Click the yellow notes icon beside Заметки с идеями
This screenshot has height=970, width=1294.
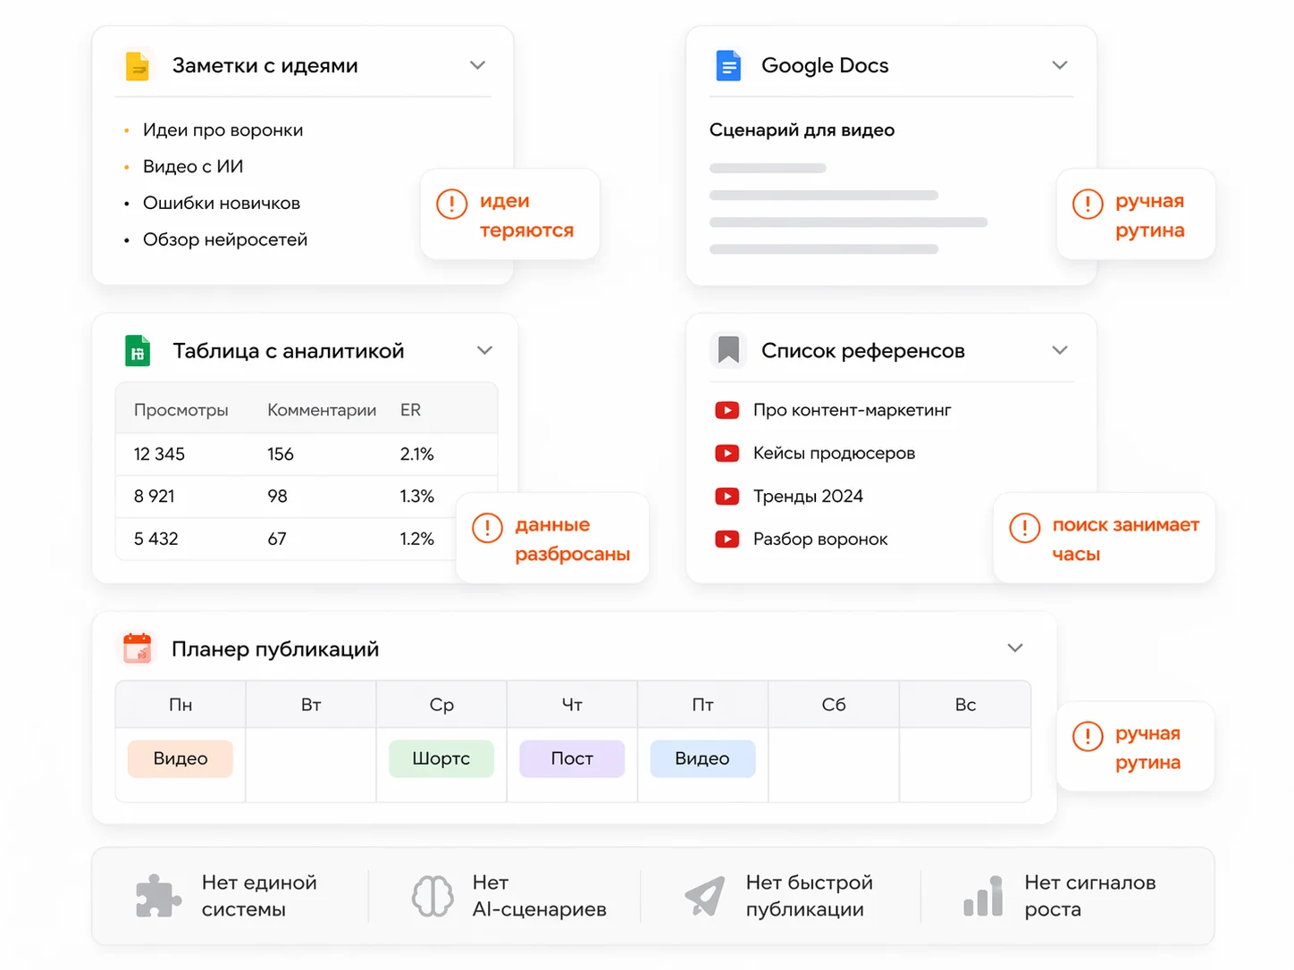click(x=138, y=65)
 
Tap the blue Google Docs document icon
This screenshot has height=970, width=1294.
click(x=728, y=65)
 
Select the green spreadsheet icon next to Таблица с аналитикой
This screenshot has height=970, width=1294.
click(x=138, y=350)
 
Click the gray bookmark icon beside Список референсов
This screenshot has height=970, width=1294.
click(x=728, y=350)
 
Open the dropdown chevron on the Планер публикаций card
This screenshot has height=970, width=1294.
click(x=1014, y=648)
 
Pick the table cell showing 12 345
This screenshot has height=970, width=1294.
click(x=159, y=454)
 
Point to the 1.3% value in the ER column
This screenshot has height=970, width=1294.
click(x=416, y=496)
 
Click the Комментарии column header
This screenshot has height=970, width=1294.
click(x=322, y=410)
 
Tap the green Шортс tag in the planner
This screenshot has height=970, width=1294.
click(x=441, y=758)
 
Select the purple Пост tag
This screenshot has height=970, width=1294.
click(x=572, y=758)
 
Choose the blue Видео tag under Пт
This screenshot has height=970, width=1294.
click(x=702, y=758)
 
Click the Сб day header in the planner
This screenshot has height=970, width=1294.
click(x=834, y=705)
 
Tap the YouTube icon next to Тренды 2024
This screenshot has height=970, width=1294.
click(x=727, y=497)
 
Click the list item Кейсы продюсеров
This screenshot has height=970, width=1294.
click(x=834, y=453)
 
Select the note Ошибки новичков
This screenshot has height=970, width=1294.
click(x=222, y=203)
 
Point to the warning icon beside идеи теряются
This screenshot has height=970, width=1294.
click(x=451, y=204)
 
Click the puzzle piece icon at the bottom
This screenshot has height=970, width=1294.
click(x=157, y=896)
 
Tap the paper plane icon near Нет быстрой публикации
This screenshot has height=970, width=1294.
click(x=705, y=895)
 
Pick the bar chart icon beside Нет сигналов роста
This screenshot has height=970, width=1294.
click(x=983, y=896)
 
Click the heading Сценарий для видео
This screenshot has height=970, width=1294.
click(x=802, y=130)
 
